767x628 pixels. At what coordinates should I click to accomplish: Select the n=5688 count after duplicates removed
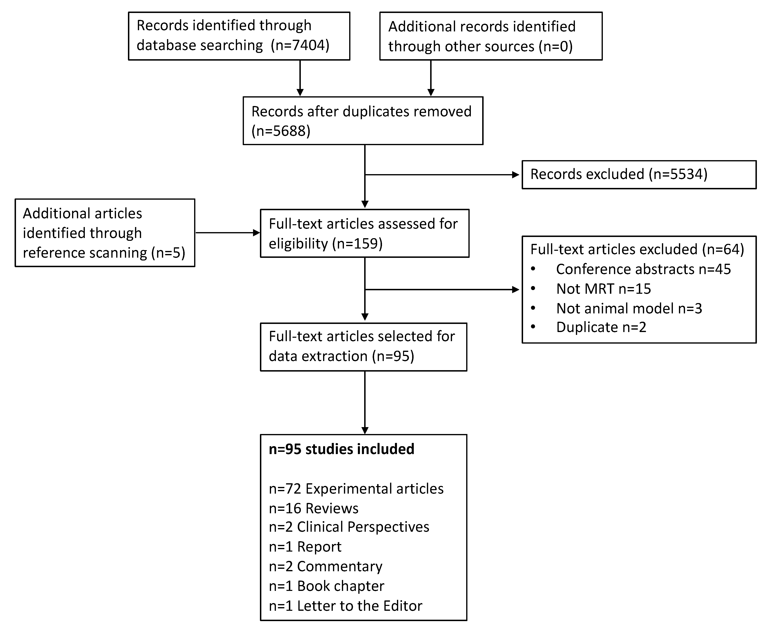tap(281, 131)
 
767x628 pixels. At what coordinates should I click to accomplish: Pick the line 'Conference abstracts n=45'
tap(643, 269)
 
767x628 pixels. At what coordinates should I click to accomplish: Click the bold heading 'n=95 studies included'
tap(341, 449)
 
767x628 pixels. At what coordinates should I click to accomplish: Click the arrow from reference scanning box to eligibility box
tap(228, 233)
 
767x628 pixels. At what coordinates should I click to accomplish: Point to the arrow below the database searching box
tap(300, 78)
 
